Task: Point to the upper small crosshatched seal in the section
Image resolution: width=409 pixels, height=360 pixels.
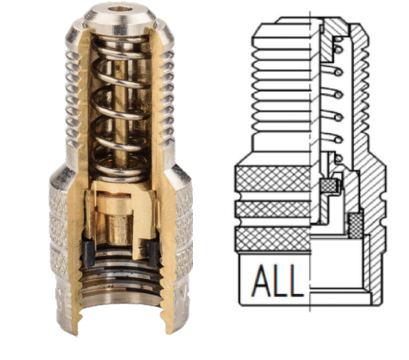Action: (x=327, y=187)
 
